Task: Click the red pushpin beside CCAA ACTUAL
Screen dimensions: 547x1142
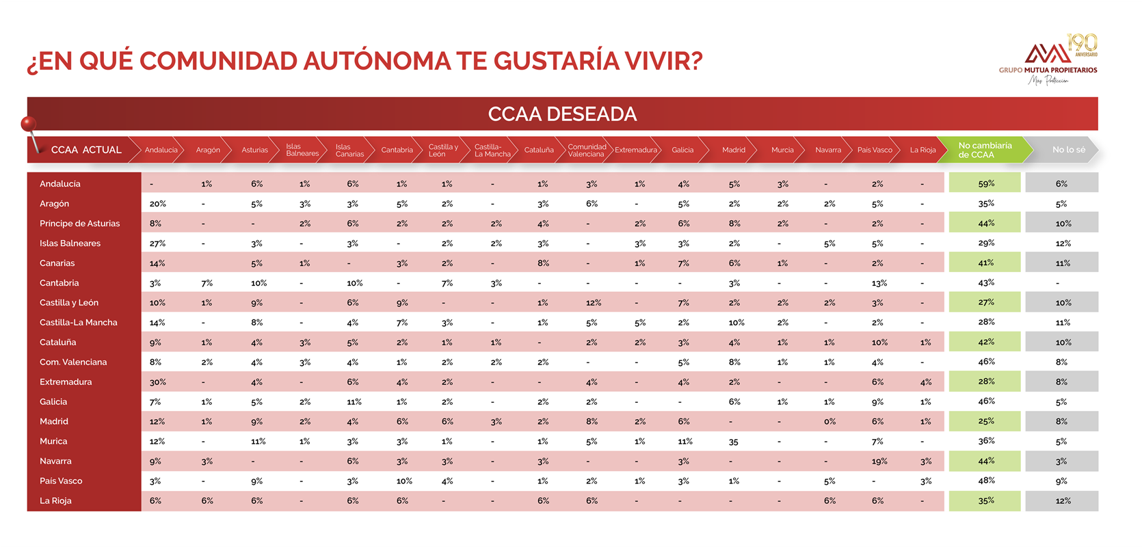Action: click(x=28, y=124)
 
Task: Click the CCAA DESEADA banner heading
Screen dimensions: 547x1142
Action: click(x=562, y=114)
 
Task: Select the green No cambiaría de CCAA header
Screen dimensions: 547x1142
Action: click(x=985, y=150)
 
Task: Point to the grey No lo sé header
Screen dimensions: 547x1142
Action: click(x=1068, y=150)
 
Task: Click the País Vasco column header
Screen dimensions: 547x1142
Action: click(x=875, y=150)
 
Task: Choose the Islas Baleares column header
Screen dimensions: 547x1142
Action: click(x=302, y=150)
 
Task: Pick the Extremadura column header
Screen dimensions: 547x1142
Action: click(x=635, y=150)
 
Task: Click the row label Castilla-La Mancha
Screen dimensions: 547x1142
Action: click(x=79, y=322)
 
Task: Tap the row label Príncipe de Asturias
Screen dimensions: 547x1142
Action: click(x=79, y=224)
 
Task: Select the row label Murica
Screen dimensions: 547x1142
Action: click(x=53, y=441)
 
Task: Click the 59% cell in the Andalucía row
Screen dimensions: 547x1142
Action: click(x=985, y=184)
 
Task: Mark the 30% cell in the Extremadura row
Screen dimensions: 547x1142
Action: click(x=157, y=382)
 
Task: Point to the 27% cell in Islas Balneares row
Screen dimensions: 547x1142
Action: click(x=157, y=243)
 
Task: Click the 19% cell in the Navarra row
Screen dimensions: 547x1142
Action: click(x=879, y=462)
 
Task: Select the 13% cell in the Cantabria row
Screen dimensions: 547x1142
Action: click(x=879, y=283)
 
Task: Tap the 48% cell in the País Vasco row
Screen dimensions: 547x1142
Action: click(x=986, y=481)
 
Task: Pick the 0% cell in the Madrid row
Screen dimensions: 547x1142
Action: click(x=829, y=422)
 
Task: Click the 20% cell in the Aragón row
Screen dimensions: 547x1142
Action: click(x=157, y=204)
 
